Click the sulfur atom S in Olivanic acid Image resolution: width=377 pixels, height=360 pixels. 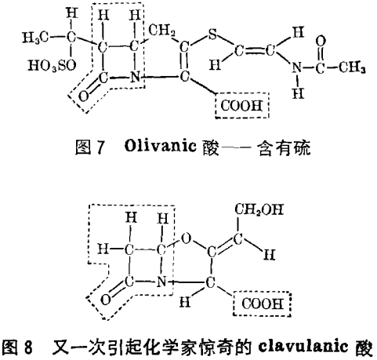tap(212, 34)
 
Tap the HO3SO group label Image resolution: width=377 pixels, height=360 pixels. tap(52, 65)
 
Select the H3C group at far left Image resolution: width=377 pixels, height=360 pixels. tap(35, 38)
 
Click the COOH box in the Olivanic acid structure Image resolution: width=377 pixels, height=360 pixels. tap(242, 106)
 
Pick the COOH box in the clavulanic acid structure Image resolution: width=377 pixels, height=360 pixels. tap(263, 304)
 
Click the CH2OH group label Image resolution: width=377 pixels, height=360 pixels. tap(259, 209)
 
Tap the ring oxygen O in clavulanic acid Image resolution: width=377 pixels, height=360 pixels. tap(186, 238)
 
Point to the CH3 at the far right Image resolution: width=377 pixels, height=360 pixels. tap(352, 67)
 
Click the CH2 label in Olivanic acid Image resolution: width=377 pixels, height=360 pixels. tap(162, 31)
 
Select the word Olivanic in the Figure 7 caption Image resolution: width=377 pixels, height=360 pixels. tap(161, 146)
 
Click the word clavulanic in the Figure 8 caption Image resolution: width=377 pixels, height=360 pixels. tap(303, 347)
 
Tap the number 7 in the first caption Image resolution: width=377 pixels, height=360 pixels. tap(100, 147)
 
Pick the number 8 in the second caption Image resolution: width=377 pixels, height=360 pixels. tap(27, 347)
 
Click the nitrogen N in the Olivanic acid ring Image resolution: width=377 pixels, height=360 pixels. tap(135, 77)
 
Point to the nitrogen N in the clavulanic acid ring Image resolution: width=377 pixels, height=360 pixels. tap(161, 282)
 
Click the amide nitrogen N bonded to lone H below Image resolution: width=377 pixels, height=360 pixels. tap(296, 67)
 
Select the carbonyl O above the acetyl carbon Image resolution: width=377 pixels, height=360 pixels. tap(321, 42)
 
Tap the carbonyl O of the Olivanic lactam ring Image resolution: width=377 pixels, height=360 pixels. tap(83, 96)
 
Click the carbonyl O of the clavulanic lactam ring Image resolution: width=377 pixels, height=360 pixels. tap(106, 300)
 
